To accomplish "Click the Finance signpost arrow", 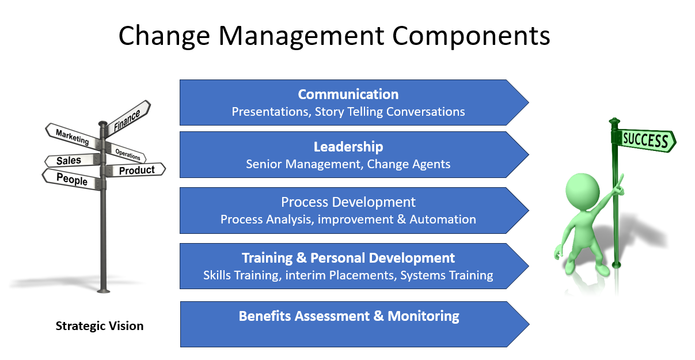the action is [x=127, y=119].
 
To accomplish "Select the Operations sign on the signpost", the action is [x=126, y=153].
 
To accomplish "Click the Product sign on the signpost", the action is [x=135, y=170].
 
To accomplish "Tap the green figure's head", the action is [x=582, y=190].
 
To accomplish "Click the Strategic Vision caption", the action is [x=100, y=326].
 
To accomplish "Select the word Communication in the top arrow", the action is [x=348, y=94].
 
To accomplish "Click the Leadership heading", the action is [x=348, y=147].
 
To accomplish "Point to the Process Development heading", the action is [x=348, y=202].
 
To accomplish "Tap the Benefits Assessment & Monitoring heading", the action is [x=349, y=316].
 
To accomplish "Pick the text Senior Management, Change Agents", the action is [x=348, y=164].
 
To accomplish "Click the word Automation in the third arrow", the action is [x=443, y=219].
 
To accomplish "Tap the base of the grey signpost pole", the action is [x=103, y=291].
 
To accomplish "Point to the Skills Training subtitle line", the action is [x=348, y=275].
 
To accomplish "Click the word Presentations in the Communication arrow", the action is [x=271, y=112].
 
